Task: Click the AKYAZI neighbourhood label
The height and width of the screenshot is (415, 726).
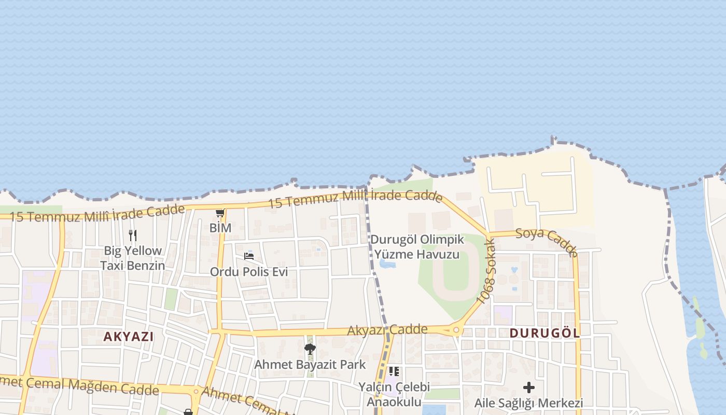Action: (x=128, y=336)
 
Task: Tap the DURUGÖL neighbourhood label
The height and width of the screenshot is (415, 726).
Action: (x=544, y=333)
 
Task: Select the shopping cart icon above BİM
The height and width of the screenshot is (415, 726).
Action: (x=220, y=213)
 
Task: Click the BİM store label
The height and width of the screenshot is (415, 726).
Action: (x=220, y=228)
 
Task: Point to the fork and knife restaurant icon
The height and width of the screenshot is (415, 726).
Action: (x=133, y=236)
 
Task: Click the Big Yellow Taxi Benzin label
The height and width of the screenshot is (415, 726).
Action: (x=133, y=258)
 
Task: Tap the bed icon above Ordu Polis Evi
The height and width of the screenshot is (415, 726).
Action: (x=249, y=256)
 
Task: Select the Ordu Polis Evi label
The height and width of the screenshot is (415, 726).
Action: (x=249, y=272)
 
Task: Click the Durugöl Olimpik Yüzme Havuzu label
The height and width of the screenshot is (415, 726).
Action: (x=417, y=247)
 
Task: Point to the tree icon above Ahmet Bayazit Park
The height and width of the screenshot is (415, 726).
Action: (x=310, y=349)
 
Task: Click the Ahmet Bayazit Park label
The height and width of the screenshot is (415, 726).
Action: (x=310, y=365)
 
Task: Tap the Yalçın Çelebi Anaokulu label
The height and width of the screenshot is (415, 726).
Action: (x=394, y=395)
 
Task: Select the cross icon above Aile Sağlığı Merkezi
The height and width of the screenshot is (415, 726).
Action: (x=528, y=388)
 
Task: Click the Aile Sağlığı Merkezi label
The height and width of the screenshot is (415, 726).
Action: (x=528, y=403)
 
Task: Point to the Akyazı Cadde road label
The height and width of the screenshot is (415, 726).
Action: (x=387, y=330)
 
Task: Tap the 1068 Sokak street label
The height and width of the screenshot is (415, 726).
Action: (x=486, y=272)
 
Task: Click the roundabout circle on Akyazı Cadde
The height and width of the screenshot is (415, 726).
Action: (x=456, y=330)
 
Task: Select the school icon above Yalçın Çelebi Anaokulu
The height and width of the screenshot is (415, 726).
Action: (x=394, y=371)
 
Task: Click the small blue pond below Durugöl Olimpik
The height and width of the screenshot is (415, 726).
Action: (x=387, y=264)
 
